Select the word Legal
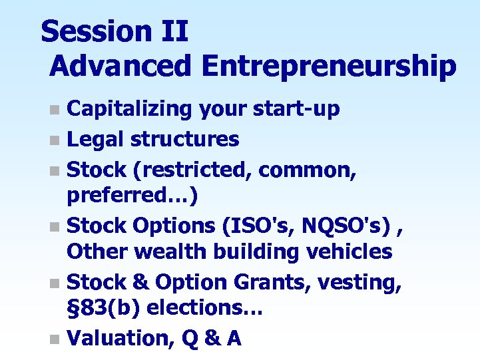(x=97, y=139)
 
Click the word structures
(x=184, y=139)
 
